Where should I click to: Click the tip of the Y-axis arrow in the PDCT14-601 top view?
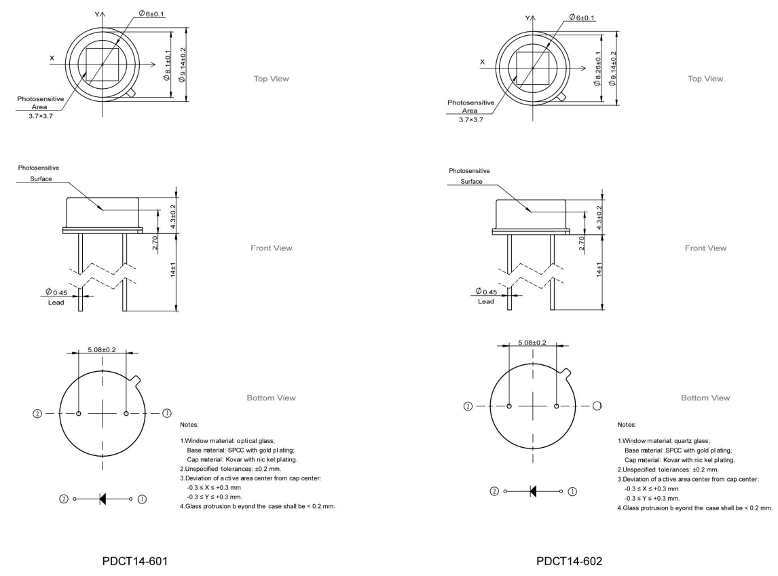click(103, 12)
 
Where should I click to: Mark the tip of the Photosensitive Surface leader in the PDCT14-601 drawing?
click(103, 210)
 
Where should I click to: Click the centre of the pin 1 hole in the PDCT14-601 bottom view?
click(126, 413)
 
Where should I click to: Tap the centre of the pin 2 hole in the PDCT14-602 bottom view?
click(509, 406)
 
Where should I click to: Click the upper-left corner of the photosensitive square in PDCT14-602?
click(517, 52)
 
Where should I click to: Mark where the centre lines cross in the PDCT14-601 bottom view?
click(103, 413)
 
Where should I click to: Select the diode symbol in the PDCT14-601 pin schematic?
click(103, 499)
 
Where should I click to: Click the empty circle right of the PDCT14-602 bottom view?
click(597, 406)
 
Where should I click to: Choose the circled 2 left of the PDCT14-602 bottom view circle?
click(468, 406)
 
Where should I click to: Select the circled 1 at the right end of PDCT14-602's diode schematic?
click(572, 491)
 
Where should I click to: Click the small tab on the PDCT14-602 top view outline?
click(561, 97)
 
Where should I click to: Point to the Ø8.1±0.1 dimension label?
click(167, 65)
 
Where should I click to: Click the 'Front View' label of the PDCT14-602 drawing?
click(705, 248)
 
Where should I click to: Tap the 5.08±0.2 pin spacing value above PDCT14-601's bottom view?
click(102, 349)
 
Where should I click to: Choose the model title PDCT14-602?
click(569, 561)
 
